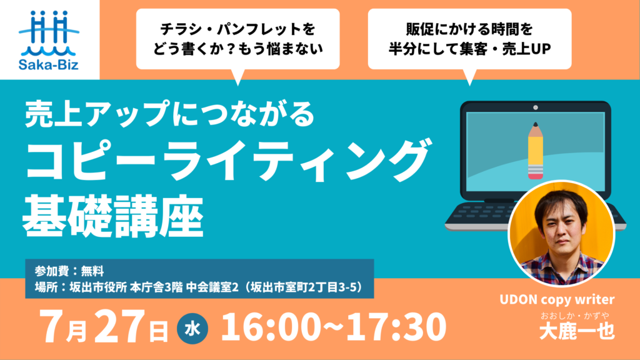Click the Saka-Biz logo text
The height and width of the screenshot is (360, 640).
49,64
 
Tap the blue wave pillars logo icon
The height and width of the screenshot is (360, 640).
49,33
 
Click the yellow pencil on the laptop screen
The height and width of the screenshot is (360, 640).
536,151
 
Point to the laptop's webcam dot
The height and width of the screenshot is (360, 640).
536,107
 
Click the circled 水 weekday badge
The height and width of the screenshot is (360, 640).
192,329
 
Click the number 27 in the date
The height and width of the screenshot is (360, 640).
119,326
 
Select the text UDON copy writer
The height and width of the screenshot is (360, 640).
557,300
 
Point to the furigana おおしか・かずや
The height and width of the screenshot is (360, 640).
575,316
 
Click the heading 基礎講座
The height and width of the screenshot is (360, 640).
113,217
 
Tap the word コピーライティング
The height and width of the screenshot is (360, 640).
227,159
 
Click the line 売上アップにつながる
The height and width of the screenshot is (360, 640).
169,114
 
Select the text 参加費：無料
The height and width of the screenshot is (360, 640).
69,271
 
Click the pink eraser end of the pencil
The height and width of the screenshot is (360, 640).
536,173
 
